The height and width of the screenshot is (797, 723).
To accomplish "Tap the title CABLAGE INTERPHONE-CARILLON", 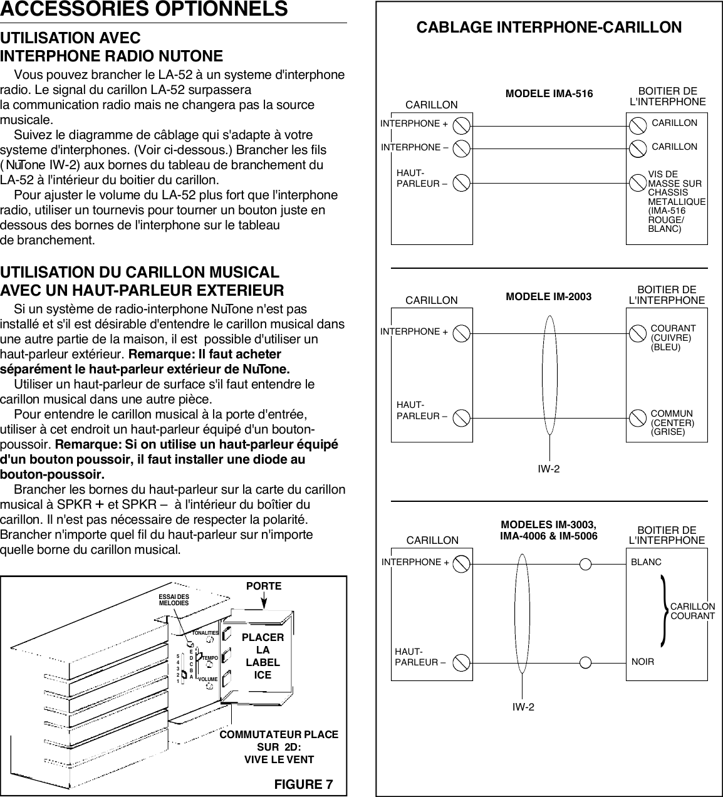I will pos(549,28).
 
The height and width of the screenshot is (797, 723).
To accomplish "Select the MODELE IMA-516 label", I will pos(549,94).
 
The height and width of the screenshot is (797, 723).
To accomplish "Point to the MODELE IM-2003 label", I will pos(548,296).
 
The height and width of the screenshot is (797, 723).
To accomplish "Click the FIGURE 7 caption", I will pos(303,784).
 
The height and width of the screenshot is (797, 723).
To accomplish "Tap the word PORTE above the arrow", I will pos(264,586).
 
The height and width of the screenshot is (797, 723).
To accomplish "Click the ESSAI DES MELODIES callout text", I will pos(174,600).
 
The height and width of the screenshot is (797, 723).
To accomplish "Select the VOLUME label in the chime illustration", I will pos(208,679).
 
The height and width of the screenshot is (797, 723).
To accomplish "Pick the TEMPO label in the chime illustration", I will pos(208,657).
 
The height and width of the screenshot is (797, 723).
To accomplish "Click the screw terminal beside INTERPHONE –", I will pos(461,148).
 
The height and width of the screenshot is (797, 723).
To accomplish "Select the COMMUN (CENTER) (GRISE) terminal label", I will pos(672,423).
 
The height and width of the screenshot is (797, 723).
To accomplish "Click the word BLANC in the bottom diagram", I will pos(646,563).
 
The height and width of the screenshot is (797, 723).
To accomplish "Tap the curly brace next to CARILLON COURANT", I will pos(662,612).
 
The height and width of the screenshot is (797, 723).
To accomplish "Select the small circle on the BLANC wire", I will pos(585,563).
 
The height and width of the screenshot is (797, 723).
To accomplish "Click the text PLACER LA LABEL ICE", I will pos(263,656).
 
